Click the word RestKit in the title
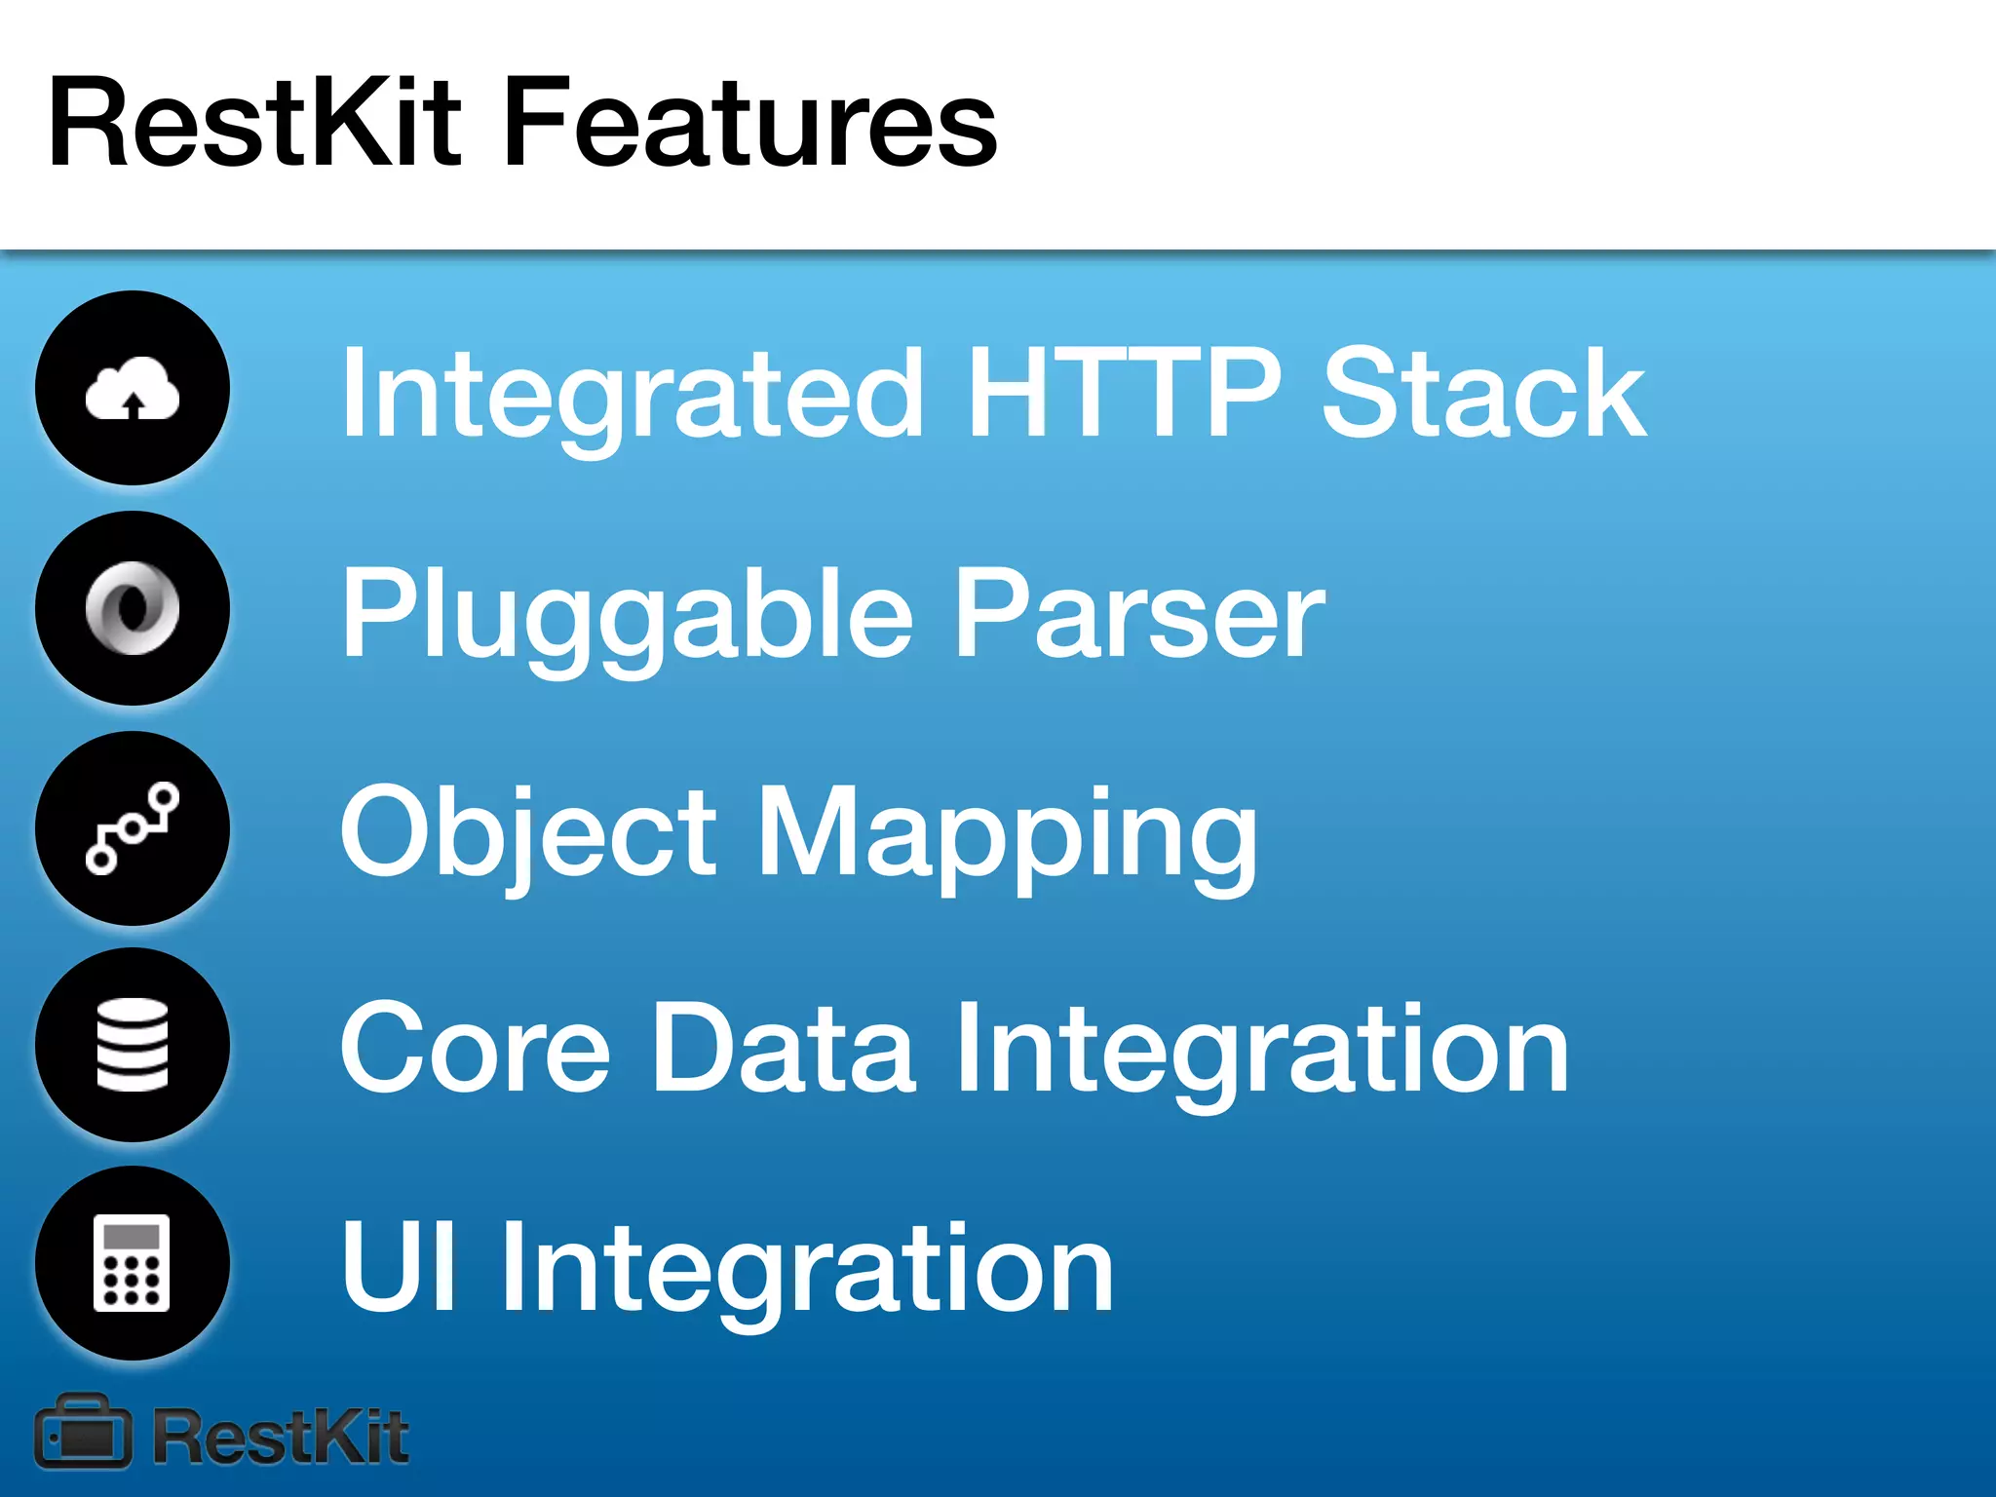point(253,124)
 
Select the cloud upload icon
point(133,389)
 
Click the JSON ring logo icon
point(133,608)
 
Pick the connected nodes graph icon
point(133,827)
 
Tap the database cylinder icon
point(133,1045)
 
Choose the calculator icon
point(133,1263)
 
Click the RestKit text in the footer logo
point(281,1437)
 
